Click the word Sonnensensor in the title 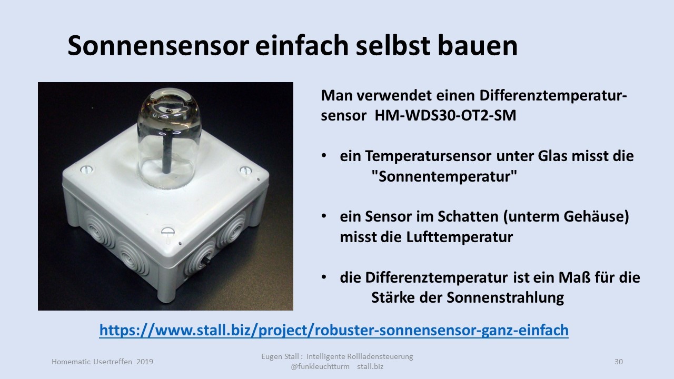coord(158,45)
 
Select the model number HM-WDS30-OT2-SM coord(445,115)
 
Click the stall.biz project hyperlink coord(334,330)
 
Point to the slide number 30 coord(619,362)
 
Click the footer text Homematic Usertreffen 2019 coord(102,362)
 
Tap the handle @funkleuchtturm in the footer coord(320,367)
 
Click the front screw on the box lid coord(168,231)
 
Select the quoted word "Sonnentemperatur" coord(444,176)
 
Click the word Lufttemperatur coord(460,237)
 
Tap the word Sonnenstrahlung coord(505,298)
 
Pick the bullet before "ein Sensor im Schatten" coord(324,216)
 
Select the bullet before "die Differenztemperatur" coord(324,277)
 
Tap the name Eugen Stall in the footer coord(280,357)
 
